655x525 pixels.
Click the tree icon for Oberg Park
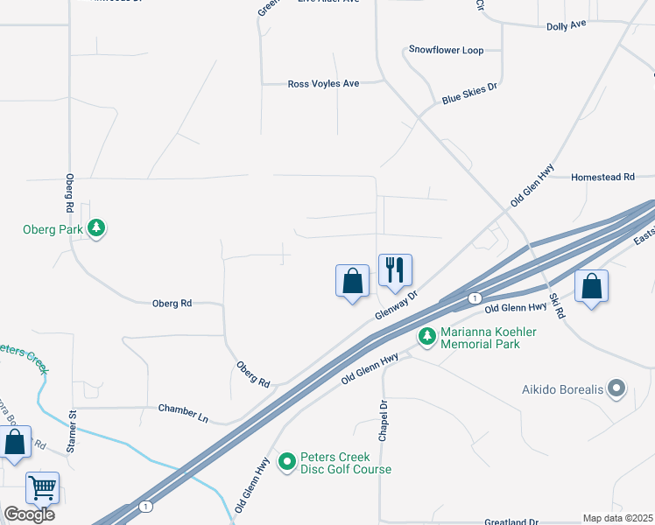[96, 230]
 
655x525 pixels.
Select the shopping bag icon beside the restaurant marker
[352, 281]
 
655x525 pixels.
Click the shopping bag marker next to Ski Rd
[592, 285]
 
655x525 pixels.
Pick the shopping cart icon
[42, 487]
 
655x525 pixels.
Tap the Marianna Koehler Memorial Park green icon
[427, 337]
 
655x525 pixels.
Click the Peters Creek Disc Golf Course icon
[287, 461]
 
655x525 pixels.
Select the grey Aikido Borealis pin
[617, 388]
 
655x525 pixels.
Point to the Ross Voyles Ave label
[324, 84]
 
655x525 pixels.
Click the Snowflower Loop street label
[447, 51]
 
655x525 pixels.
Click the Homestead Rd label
[602, 177]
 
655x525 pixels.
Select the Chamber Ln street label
[183, 413]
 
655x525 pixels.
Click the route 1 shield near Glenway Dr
[474, 298]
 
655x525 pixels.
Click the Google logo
[29, 514]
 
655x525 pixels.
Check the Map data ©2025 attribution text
[618, 518]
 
